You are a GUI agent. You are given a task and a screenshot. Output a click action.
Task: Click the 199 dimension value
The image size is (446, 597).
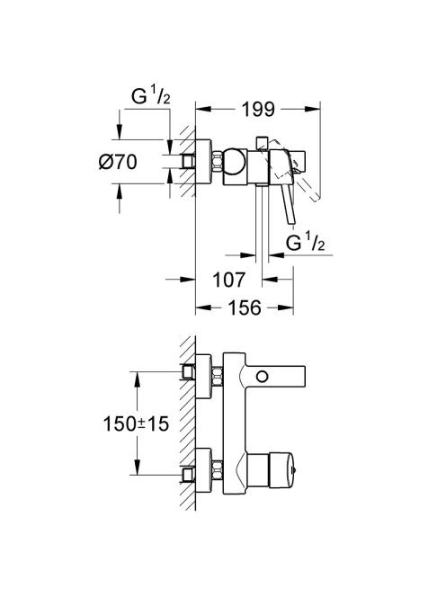(258, 110)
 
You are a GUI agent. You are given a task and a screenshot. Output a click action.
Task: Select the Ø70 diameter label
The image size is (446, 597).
(118, 162)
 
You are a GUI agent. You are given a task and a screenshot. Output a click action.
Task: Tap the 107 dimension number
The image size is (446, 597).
(228, 281)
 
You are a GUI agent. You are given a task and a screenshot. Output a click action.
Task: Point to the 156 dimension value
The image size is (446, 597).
(245, 307)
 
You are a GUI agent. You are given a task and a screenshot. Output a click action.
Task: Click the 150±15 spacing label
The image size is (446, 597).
(136, 423)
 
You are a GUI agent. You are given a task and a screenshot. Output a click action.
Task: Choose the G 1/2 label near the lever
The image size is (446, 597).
(306, 243)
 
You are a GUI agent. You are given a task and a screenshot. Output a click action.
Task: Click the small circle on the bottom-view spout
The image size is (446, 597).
(262, 377)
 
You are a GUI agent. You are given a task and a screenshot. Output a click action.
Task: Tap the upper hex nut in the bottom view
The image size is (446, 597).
(217, 376)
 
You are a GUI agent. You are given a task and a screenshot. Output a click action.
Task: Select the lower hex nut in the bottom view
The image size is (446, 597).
(217, 470)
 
